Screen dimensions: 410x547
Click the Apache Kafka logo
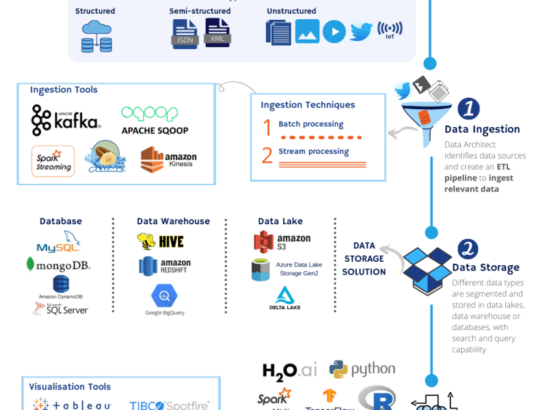(x=66, y=120)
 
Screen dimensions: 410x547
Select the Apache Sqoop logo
(x=155, y=120)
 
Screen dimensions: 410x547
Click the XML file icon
(x=218, y=32)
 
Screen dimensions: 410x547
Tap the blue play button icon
(x=334, y=31)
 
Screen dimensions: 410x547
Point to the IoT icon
(x=390, y=31)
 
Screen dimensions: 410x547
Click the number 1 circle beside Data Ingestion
(x=468, y=108)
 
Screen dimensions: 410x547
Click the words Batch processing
(x=310, y=124)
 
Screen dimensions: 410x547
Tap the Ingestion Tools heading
(x=64, y=90)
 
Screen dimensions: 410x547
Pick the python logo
(x=362, y=369)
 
